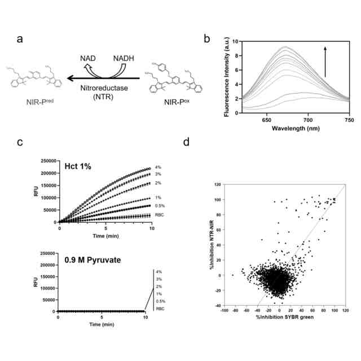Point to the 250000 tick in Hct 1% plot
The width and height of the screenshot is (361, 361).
47,161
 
